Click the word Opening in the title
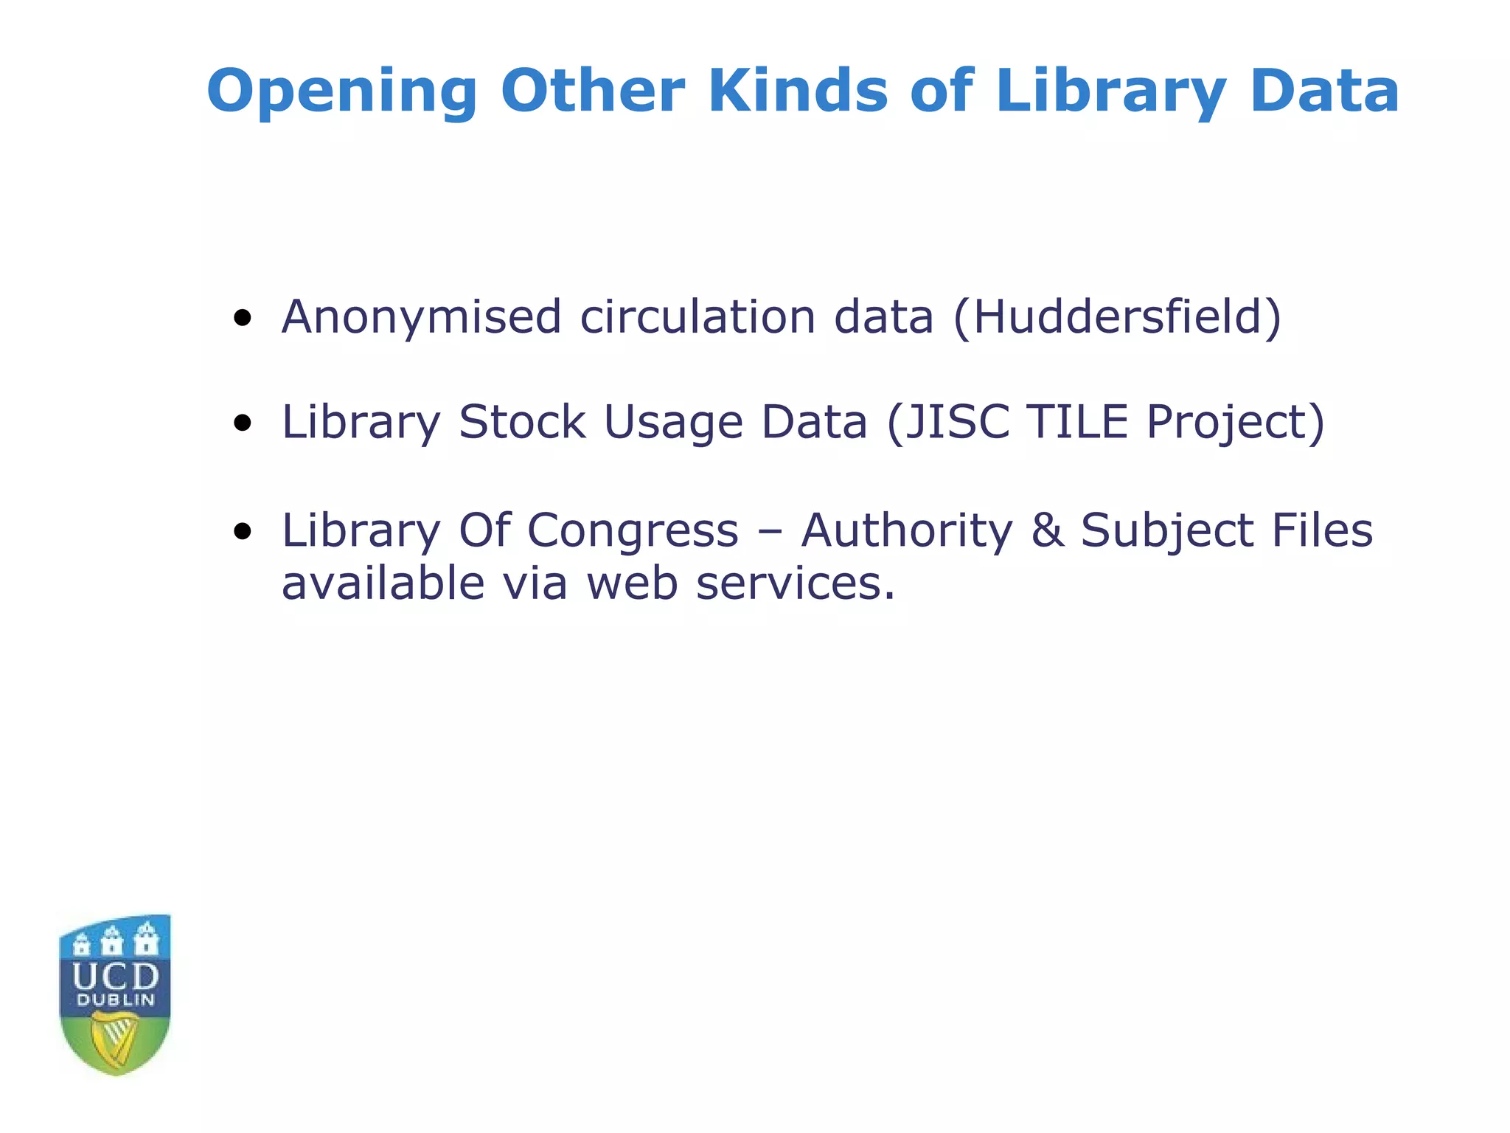point(341,92)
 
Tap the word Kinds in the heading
point(798,91)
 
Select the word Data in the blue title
point(1324,91)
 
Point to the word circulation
point(697,317)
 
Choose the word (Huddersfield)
point(1117,317)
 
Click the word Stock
point(522,423)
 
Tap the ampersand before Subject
point(1048,531)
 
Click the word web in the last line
point(632,584)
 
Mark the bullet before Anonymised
point(242,319)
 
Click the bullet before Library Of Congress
point(242,531)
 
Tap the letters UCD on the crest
point(116,977)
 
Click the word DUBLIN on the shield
point(116,1001)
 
